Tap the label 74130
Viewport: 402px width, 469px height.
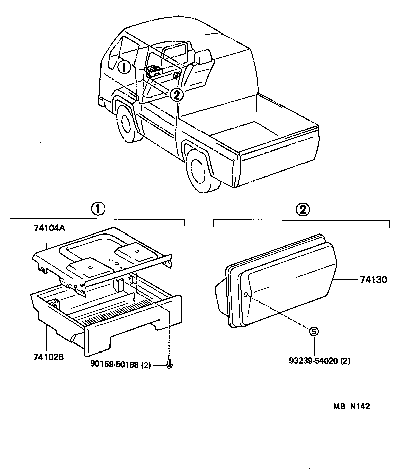pos(373,280)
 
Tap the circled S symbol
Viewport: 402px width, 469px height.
pos(314,331)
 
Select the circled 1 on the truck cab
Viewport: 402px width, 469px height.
pos(124,67)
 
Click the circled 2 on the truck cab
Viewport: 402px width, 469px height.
pos(176,94)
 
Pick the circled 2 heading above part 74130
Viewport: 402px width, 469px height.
pos(302,209)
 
